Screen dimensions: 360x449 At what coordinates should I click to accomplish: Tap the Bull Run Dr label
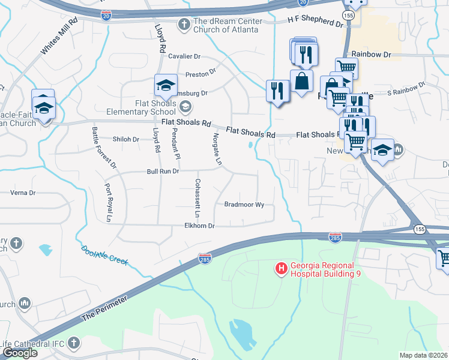(x=163, y=172)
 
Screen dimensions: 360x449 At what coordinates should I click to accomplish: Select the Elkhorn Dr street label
(x=199, y=226)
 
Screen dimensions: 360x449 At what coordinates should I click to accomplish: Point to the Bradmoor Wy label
(x=244, y=205)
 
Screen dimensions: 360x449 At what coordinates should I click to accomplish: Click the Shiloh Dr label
(x=126, y=139)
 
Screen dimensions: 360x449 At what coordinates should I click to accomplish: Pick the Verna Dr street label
(x=24, y=193)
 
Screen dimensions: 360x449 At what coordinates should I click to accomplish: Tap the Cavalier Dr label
(x=184, y=56)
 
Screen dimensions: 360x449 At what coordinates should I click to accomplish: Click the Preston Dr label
(x=200, y=73)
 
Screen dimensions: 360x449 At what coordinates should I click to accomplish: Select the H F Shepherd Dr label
(x=315, y=22)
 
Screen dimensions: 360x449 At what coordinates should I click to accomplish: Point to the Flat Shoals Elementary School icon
(x=185, y=107)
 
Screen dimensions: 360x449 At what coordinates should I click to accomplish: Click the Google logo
(x=20, y=353)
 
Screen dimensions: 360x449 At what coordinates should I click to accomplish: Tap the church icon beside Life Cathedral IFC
(x=73, y=343)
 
